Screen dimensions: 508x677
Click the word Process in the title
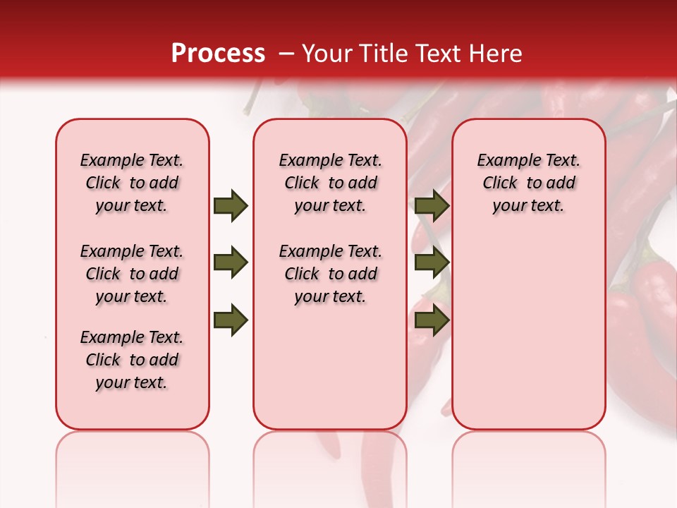[218, 54]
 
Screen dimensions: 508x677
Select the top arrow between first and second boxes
[231, 206]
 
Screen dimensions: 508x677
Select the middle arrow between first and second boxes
[231, 263]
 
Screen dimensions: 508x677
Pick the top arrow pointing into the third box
[432, 206]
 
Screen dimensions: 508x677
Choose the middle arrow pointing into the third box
[432, 263]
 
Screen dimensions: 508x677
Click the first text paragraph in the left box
[132, 183]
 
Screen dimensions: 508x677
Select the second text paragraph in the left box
[132, 274]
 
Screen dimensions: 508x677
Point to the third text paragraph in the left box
[132, 360]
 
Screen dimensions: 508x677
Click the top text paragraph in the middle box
[330, 183]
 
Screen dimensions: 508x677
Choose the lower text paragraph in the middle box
[330, 274]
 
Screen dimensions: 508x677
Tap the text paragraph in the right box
[528, 183]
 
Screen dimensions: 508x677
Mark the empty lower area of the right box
[528, 332]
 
